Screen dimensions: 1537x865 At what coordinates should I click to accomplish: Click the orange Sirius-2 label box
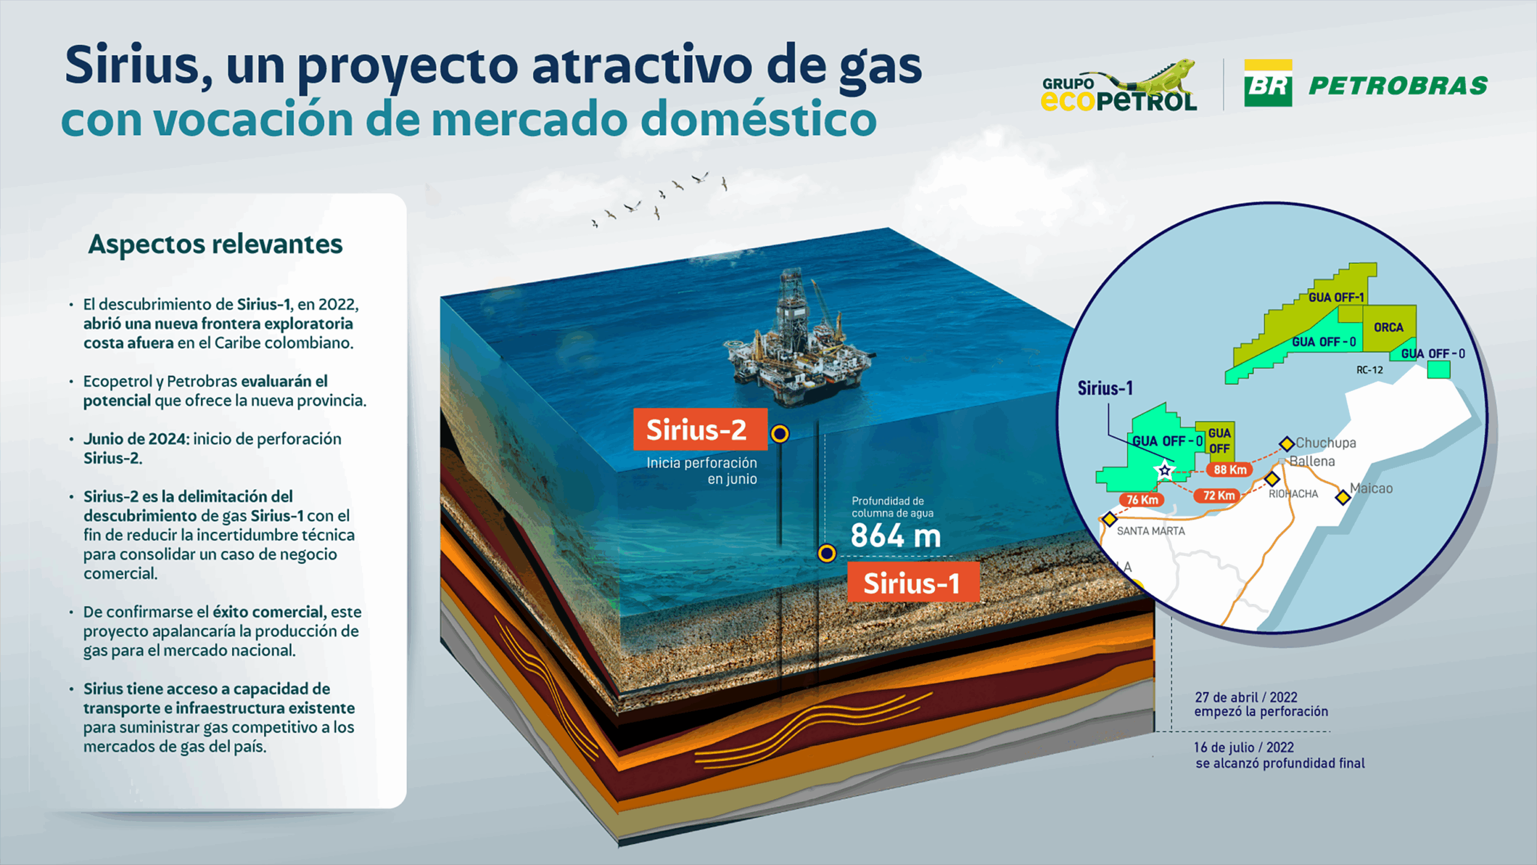[x=700, y=429]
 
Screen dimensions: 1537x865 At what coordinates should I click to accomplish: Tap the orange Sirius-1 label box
[x=913, y=582]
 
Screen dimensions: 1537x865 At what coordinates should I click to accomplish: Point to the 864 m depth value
[x=896, y=535]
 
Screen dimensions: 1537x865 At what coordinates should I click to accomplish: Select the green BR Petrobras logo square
[x=1268, y=83]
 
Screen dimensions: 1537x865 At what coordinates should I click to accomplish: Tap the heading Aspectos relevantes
[x=216, y=244]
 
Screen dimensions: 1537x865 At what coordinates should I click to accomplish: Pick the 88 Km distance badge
[x=1230, y=469]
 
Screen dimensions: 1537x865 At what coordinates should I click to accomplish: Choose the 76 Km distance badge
[x=1142, y=499]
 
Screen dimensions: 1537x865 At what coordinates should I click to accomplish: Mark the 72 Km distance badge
[x=1218, y=495]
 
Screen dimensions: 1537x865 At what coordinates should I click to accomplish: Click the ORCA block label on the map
[x=1389, y=327]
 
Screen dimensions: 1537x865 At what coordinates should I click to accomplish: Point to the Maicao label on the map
[x=1371, y=488]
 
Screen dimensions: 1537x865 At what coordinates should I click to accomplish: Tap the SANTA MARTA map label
[x=1151, y=531]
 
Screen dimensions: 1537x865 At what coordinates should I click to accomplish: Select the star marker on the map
[x=1164, y=470]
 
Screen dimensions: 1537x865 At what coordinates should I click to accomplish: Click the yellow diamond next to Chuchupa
[x=1287, y=444]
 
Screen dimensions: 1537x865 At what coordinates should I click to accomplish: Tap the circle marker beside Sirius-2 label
[x=779, y=433]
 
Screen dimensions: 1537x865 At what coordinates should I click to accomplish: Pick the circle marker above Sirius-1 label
[x=827, y=553]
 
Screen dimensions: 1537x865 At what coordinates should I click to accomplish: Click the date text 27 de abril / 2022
[x=1246, y=697]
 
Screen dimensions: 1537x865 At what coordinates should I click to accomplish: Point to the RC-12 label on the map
[x=1369, y=370]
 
